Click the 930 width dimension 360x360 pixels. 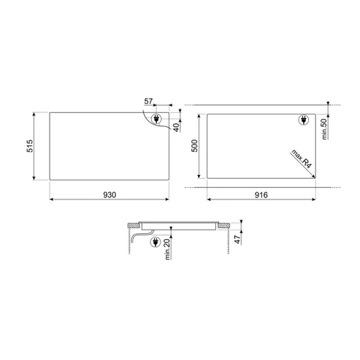[109, 195]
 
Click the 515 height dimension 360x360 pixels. [30, 145]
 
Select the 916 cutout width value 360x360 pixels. [261, 195]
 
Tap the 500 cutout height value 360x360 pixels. [194, 145]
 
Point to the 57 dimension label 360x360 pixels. [148, 102]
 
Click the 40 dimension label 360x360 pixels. [176, 127]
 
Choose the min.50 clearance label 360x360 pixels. [324, 129]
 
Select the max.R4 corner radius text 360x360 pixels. [301, 158]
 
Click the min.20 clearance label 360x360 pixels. [167, 249]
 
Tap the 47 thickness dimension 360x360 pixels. [237, 239]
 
